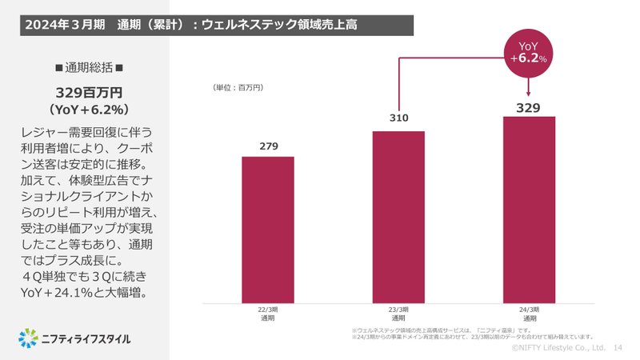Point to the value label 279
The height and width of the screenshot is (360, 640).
(268, 146)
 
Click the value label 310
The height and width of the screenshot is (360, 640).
(399, 119)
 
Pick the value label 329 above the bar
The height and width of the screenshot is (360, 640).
(529, 108)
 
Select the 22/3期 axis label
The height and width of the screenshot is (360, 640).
(267, 312)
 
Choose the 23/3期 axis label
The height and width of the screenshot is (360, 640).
(398, 312)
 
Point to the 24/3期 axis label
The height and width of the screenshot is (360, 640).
(529, 312)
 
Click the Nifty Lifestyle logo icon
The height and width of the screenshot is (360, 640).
(29, 338)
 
